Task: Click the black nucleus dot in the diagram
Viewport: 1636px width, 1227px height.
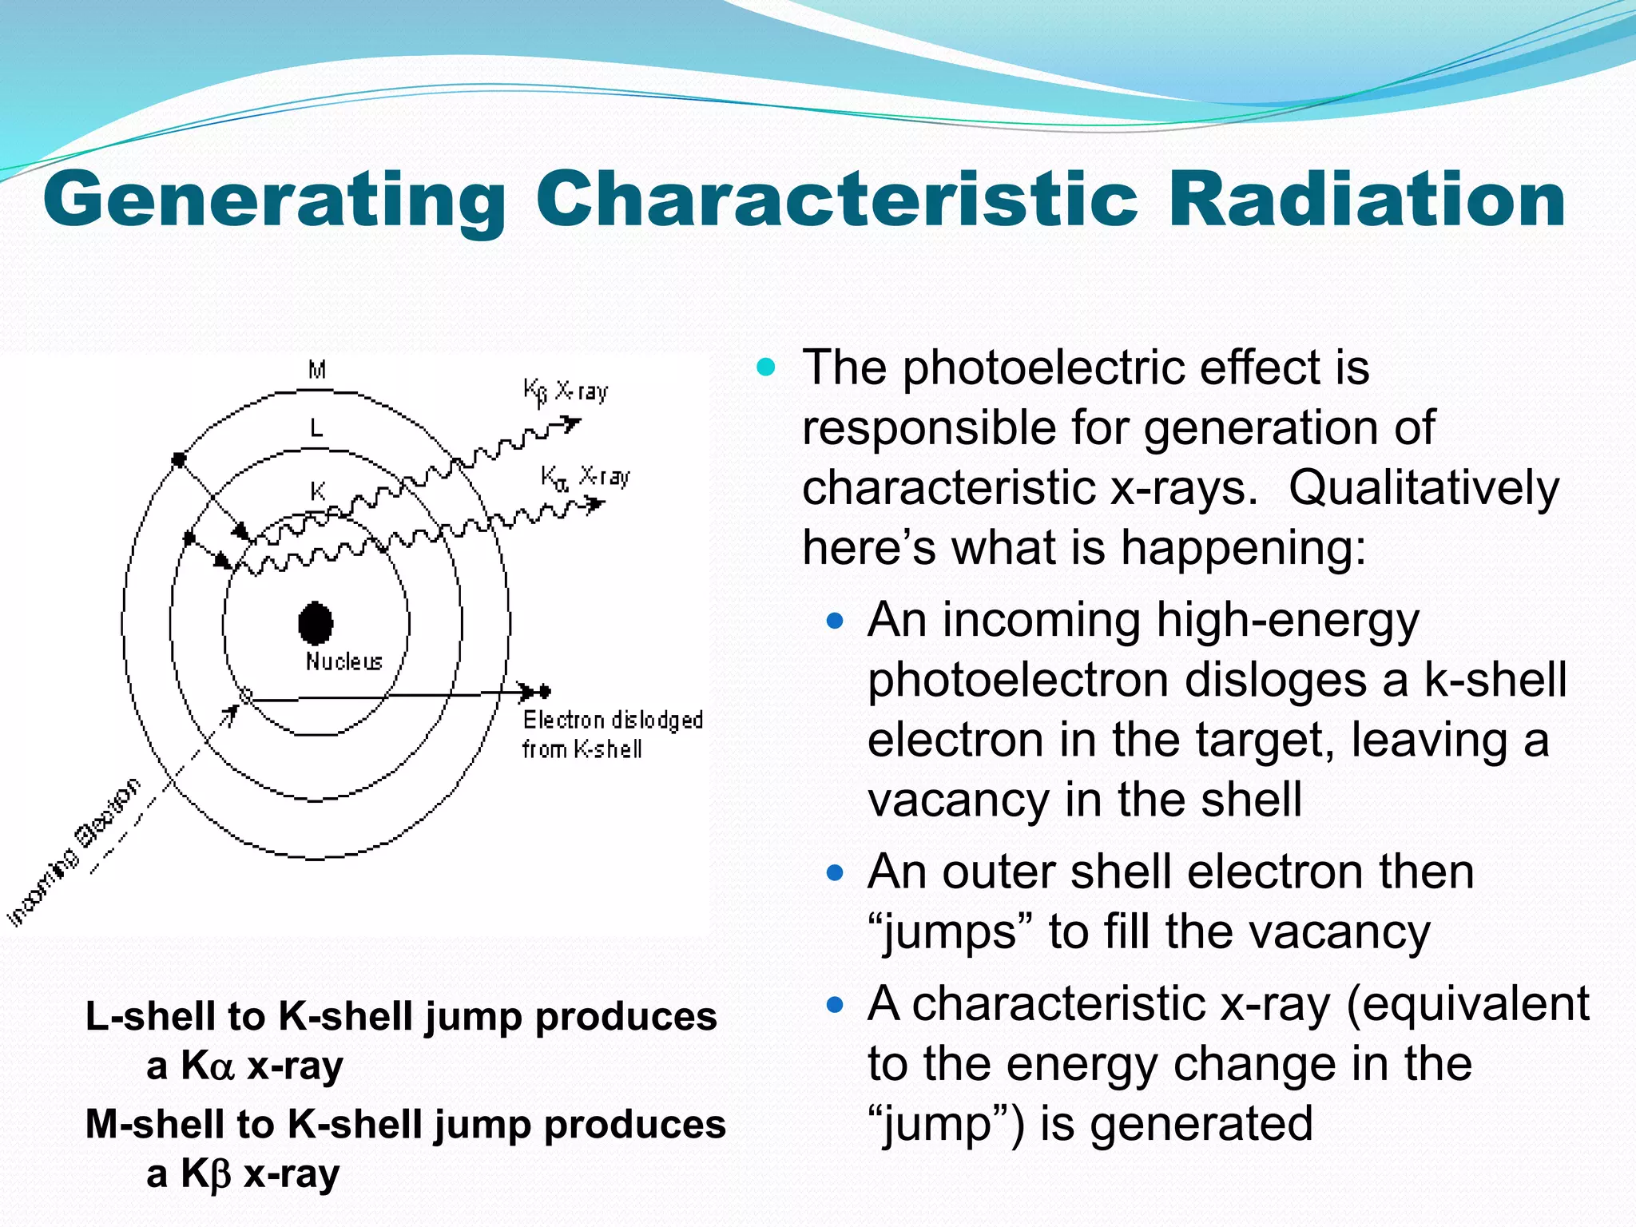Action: pyautogui.click(x=316, y=623)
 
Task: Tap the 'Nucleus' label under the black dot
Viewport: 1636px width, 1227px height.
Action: pyautogui.click(x=344, y=661)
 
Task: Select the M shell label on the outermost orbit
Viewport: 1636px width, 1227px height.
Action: pyautogui.click(x=317, y=370)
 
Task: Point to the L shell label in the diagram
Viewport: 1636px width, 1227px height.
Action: pyautogui.click(x=316, y=429)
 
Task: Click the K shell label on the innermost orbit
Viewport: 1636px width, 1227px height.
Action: pyautogui.click(x=317, y=490)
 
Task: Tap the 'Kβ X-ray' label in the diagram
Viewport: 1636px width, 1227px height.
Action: pyautogui.click(x=566, y=391)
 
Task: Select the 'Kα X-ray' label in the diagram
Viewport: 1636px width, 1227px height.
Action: pyautogui.click(x=586, y=477)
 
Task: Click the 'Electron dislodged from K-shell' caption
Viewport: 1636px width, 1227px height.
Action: pyautogui.click(x=612, y=734)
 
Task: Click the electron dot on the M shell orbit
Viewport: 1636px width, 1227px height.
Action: pyautogui.click(x=179, y=459)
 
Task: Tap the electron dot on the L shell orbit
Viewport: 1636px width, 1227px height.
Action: pyautogui.click(x=189, y=538)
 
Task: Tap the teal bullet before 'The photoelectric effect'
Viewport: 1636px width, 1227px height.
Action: pyautogui.click(x=765, y=367)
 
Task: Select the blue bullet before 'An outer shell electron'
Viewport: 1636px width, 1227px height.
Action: pyautogui.click(x=835, y=872)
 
